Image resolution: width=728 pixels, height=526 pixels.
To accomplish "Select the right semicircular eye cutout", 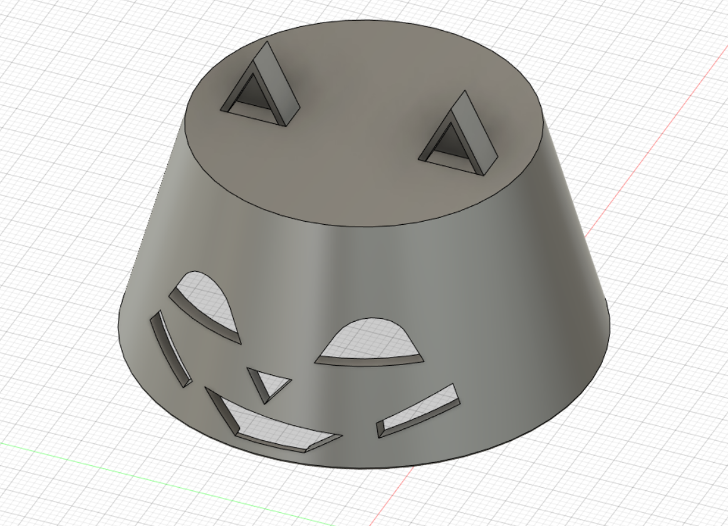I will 373,341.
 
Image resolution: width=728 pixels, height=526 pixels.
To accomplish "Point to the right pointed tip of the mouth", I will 341,435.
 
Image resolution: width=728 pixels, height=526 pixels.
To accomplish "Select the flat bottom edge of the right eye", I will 370,361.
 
